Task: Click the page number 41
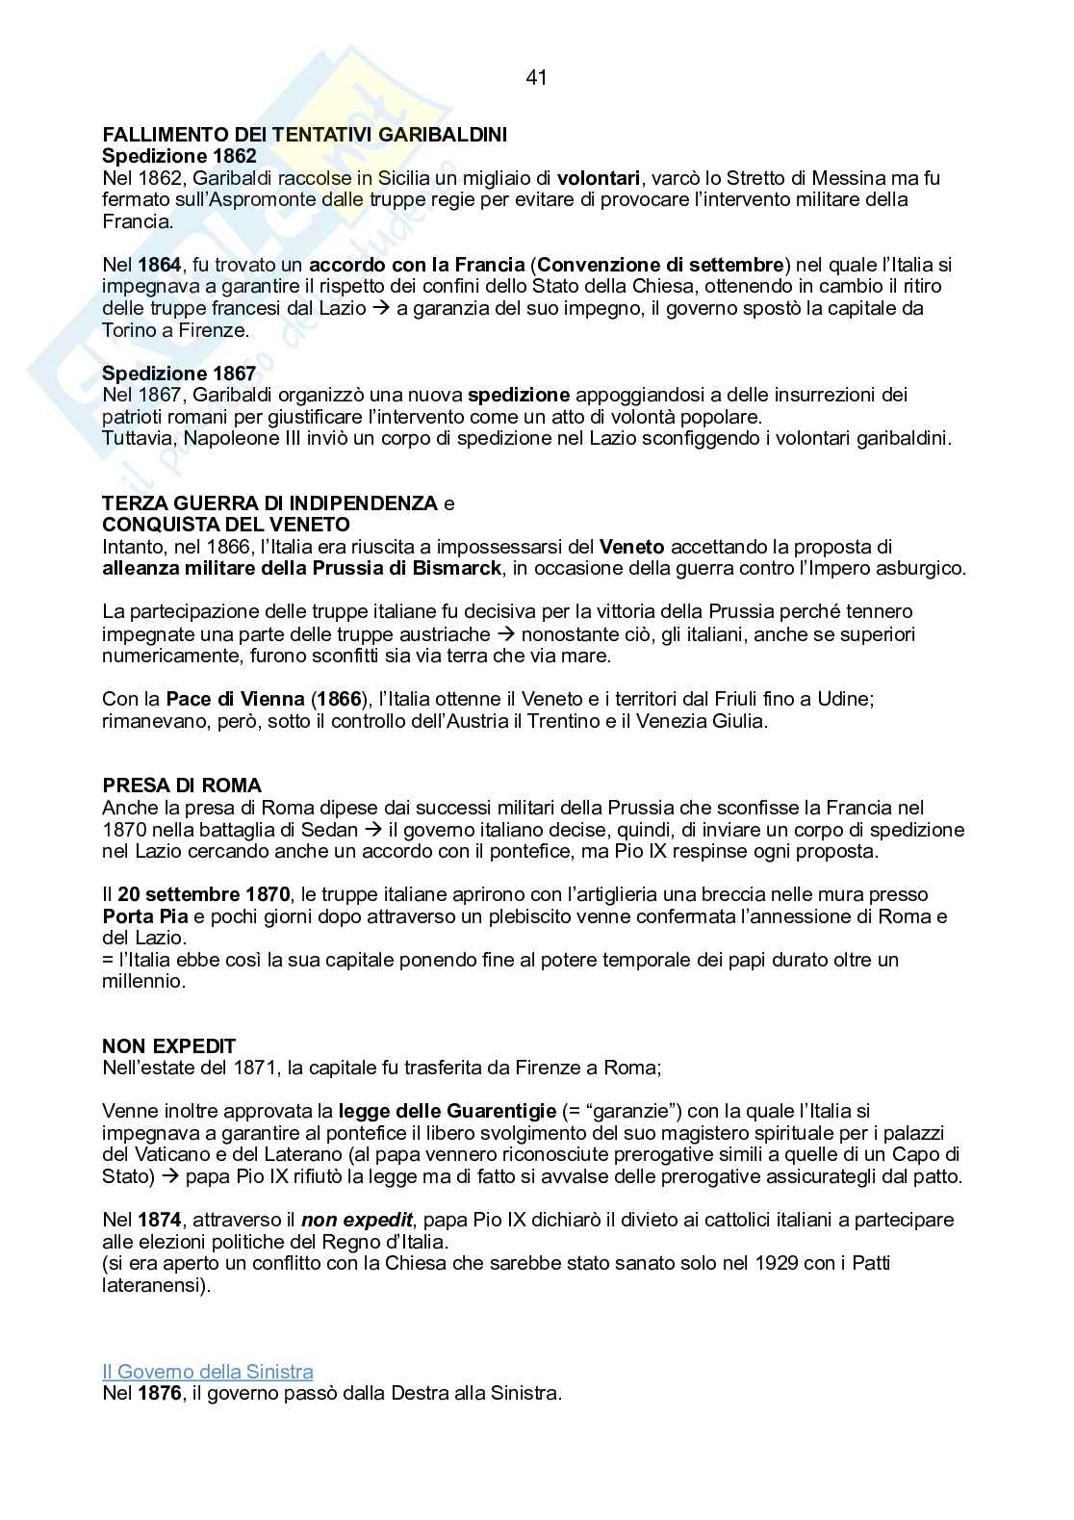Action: pos(536,78)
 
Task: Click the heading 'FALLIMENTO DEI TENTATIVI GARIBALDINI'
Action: pos(304,135)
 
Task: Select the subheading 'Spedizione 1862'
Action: pos(179,156)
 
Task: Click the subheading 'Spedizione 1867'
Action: pos(179,374)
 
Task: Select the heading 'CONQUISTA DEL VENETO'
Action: pos(226,525)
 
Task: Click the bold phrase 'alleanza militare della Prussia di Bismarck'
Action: pos(302,568)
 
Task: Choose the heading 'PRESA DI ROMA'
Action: pos(182,786)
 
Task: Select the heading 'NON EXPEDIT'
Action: pos(169,1046)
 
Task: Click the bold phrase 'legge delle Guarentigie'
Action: pos(447,1111)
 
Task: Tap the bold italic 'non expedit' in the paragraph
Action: pos(357,1220)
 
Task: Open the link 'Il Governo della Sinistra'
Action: pos(208,1372)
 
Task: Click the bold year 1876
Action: pos(160,1393)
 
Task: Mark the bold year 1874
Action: pos(160,1220)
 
